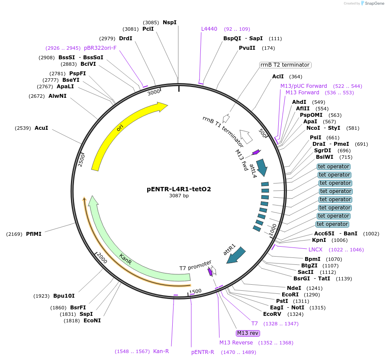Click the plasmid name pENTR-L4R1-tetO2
(x=179, y=189)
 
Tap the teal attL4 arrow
(x=262, y=165)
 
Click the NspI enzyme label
(x=170, y=22)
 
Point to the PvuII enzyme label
(x=247, y=48)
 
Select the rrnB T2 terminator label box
(x=285, y=65)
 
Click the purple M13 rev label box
(x=248, y=333)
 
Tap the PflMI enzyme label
(x=34, y=234)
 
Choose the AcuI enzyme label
(x=42, y=128)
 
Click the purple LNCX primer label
(x=315, y=250)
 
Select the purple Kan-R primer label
(x=161, y=351)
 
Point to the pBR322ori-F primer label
(x=100, y=48)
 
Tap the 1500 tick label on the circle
(x=196, y=291)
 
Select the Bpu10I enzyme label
(x=64, y=296)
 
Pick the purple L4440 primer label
(x=209, y=29)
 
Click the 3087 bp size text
(x=179, y=196)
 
